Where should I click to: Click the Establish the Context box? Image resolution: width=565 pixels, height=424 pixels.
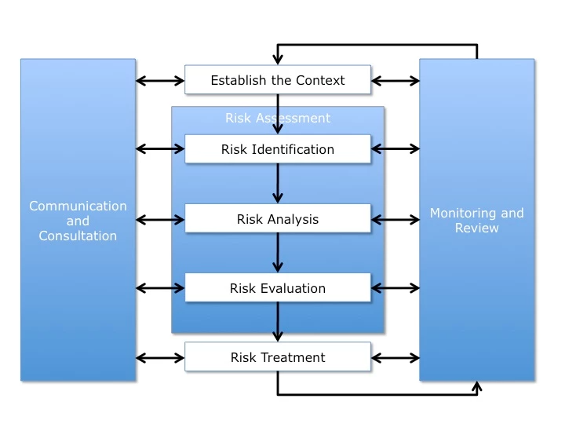[277, 80]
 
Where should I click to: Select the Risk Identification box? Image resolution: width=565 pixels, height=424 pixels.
[277, 149]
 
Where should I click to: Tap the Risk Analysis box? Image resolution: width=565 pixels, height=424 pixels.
[277, 219]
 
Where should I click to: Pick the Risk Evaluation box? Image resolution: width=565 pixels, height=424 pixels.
[277, 288]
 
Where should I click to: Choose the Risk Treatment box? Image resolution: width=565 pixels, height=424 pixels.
[277, 357]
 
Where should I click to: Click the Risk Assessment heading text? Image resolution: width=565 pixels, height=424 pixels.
[277, 119]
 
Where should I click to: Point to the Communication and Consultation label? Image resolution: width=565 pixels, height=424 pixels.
[78, 221]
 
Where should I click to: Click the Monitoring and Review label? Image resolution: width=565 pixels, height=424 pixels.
[476, 221]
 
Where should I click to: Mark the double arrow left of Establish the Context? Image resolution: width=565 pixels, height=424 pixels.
[160, 80]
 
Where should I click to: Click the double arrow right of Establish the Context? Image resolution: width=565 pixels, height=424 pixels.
[395, 80]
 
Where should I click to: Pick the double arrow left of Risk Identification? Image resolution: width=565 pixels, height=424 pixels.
[160, 149]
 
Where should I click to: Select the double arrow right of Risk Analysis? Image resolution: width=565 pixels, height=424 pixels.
[395, 219]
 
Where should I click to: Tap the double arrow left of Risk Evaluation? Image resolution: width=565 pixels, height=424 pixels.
[160, 288]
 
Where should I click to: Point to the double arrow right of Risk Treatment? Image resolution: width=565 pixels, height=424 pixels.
[395, 357]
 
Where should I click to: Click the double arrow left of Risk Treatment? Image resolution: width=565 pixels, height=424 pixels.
[160, 357]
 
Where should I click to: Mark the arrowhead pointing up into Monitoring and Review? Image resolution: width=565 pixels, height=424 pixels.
[476, 386]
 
